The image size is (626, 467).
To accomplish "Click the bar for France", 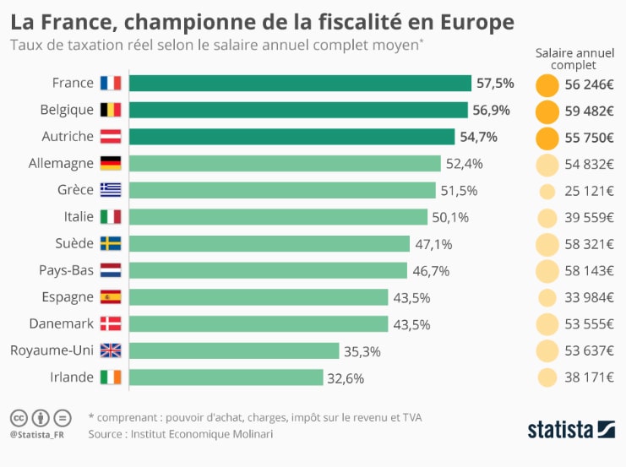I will pyautogui.click(x=300, y=83).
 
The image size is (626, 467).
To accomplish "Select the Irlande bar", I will pyautogui.click(x=226, y=377).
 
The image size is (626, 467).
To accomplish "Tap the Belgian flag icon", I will pyautogui.click(x=111, y=110).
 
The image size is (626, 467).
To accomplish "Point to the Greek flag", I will pyautogui.click(x=111, y=190).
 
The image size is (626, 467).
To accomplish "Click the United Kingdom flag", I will pyautogui.click(x=111, y=350).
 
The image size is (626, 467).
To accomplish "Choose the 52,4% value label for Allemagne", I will pyautogui.click(x=464, y=164).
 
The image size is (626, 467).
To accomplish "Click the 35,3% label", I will pyautogui.click(x=362, y=351).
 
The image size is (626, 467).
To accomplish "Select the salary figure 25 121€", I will pyautogui.click(x=590, y=191).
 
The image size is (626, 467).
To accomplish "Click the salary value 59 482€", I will pyautogui.click(x=590, y=111).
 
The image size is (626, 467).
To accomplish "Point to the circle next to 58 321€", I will pyautogui.click(x=547, y=245).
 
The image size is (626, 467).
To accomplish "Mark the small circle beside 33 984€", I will pyautogui.click(x=547, y=298).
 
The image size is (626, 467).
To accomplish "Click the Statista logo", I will pyautogui.click(x=571, y=428).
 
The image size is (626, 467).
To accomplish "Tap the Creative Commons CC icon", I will pyautogui.click(x=19, y=417).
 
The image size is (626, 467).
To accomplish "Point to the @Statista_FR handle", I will pyautogui.click(x=38, y=435).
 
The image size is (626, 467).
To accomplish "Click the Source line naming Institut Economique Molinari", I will pyautogui.click(x=181, y=434).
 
